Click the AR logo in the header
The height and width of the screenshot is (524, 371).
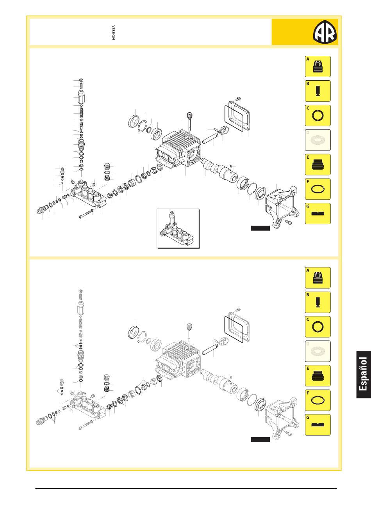coord(325,32)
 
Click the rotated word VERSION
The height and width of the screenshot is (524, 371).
coord(113,33)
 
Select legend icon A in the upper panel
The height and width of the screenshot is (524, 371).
coord(317,67)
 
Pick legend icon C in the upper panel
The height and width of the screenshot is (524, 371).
coord(317,116)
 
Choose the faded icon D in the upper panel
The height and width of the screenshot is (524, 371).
coord(317,140)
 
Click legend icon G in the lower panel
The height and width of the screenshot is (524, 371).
coord(317,425)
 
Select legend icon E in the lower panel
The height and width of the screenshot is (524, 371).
coord(317,375)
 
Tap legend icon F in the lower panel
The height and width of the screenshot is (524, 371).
coord(317,400)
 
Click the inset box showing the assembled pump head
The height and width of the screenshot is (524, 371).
coord(178,228)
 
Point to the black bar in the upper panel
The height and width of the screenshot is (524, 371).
coord(260,228)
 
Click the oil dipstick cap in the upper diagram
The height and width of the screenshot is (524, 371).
coord(189,117)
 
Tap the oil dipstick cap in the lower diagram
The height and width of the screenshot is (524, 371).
coord(189,327)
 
